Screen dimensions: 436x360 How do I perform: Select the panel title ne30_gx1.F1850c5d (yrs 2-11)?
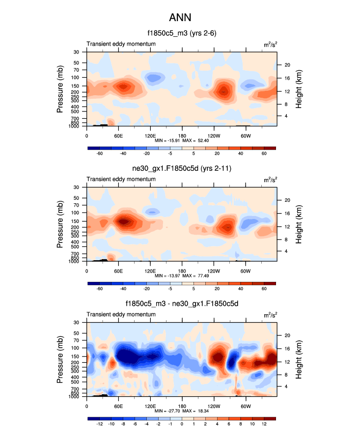point(182,169)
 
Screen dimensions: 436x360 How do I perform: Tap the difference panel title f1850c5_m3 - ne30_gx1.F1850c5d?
point(182,304)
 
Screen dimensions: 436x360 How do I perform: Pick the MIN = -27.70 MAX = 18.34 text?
point(182,411)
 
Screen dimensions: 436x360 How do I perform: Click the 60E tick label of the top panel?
point(118,136)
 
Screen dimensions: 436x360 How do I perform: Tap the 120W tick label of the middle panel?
point(214,271)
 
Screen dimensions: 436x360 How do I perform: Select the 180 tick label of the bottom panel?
point(182,406)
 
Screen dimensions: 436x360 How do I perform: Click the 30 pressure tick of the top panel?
point(77,52)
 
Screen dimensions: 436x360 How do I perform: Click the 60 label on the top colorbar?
point(264,154)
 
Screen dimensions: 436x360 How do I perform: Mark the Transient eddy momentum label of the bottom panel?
point(121,315)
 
